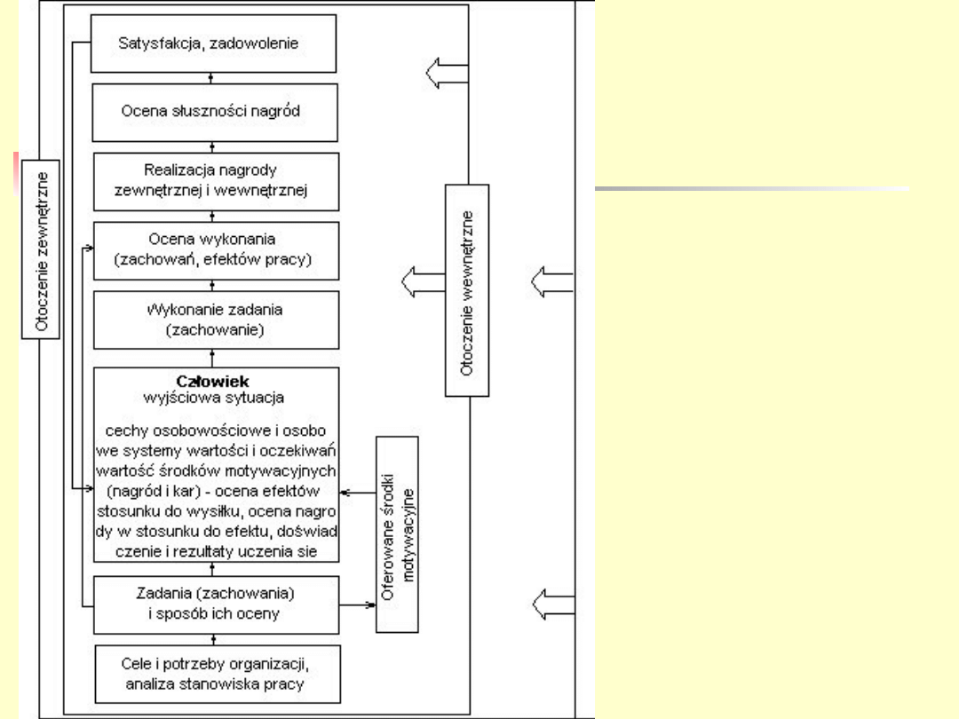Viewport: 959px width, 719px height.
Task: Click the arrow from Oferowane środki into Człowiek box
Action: [x=359, y=493]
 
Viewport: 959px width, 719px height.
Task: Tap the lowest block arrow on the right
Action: [x=551, y=605]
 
